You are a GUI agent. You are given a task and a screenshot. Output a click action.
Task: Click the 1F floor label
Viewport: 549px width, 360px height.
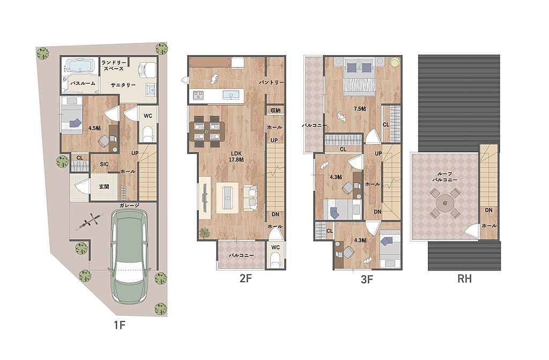point(120,325)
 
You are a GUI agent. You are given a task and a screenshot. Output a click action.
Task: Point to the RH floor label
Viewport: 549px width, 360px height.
point(464,278)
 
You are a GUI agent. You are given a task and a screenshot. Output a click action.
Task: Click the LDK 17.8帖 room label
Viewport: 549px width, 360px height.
point(236,157)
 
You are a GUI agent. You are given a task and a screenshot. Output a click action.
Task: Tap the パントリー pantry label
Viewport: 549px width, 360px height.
point(271,83)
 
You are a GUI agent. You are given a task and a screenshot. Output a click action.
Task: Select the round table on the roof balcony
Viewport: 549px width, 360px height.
point(445,203)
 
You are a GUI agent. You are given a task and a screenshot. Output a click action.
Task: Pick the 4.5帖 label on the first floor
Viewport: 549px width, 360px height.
point(94,128)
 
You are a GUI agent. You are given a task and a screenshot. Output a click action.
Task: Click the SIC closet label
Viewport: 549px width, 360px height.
point(104,164)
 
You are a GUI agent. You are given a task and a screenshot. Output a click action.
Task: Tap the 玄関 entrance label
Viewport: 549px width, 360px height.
point(104,187)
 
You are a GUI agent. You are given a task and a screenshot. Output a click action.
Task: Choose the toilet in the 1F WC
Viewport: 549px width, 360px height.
point(148,134)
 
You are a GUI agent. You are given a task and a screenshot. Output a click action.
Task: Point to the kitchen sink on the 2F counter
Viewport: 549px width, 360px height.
point(230,94)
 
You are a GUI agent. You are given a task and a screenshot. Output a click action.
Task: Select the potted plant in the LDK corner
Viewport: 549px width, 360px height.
point(205,233)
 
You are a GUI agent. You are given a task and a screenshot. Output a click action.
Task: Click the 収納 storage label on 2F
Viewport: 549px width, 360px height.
point(276,111)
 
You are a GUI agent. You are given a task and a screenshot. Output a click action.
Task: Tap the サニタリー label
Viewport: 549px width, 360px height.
point(123,85)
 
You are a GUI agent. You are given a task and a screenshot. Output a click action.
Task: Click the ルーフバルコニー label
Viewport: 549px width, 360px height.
point(444,177)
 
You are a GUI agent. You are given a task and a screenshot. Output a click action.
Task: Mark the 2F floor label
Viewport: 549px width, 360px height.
point(246,278)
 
